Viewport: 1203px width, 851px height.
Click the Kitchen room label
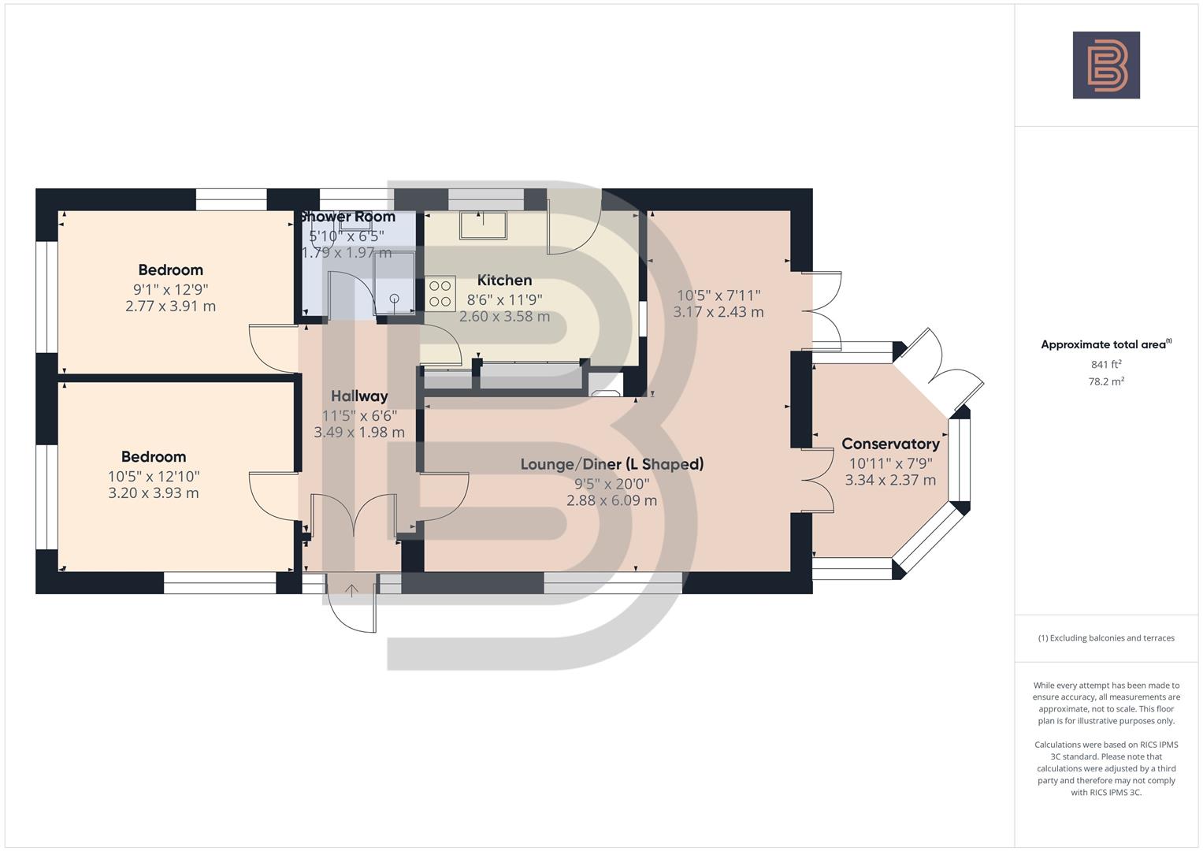coord(504,281)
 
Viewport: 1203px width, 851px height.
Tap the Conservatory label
coord(890,444)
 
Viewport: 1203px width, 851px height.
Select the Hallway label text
coord(359,396)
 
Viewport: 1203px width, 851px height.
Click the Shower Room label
coord(347,217)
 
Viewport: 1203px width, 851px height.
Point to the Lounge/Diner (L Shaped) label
coord(611,464)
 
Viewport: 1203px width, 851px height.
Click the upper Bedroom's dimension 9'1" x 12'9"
coord(170,289)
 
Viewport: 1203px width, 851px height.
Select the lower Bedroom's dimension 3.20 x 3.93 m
coord(154,493)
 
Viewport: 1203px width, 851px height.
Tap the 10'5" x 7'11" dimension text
coord(718,295)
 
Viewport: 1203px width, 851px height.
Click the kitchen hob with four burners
coord(440,293)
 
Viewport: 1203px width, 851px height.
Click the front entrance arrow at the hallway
coord(351,589)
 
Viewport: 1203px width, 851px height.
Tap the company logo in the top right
coord(1106,65)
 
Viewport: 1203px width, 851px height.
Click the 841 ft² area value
coord(1106,364)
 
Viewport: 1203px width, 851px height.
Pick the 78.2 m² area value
coord(1106,381)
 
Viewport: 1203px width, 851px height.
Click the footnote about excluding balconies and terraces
coord(1106,638)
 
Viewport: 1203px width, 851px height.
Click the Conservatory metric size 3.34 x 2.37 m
coord(890,480)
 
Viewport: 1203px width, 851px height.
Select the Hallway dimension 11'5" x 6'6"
coord(359,415)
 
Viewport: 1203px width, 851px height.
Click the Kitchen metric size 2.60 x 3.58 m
coord(504,317)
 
